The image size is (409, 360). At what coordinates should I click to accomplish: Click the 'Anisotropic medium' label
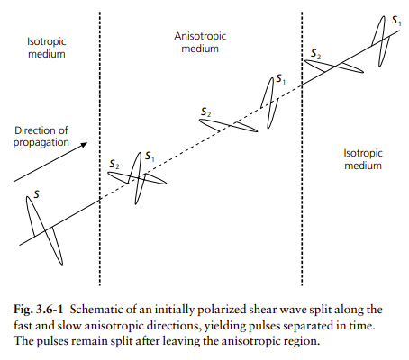200,42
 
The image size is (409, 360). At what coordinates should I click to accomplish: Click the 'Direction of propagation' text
41,137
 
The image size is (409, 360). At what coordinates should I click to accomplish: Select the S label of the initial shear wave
36,194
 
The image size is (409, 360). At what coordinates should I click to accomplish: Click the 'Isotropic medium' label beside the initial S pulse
47,48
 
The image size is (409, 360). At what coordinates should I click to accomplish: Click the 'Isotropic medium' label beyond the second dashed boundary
363,159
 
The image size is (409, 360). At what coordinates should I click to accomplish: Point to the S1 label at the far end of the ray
396,21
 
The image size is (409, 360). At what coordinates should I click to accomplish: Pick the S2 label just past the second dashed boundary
315,54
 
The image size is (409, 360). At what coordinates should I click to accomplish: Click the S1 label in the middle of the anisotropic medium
281,79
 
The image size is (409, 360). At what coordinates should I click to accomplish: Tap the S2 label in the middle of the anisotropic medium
205,112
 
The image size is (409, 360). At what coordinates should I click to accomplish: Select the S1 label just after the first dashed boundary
150,157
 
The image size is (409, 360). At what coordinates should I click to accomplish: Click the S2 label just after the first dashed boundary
114,165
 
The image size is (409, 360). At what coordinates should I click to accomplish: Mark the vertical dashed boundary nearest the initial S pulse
100,148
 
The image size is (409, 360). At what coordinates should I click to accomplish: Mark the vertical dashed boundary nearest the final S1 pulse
302,148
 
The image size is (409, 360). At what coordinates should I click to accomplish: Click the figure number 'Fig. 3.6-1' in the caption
39,310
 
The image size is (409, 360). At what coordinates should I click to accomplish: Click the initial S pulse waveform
44,230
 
